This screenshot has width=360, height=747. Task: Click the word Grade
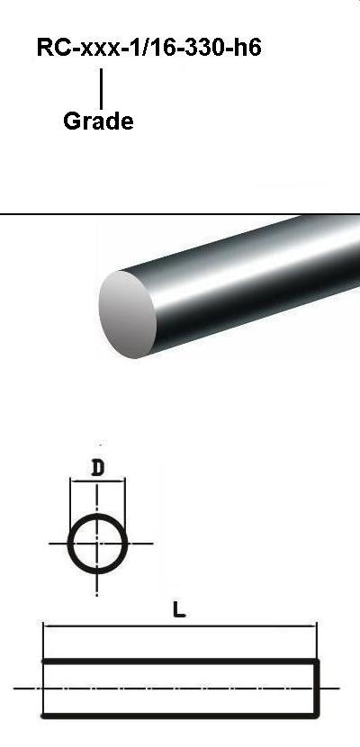tap(98, 121)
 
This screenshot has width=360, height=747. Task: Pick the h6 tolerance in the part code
tap(247, 47)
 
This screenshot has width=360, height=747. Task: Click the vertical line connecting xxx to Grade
tap(101, 88)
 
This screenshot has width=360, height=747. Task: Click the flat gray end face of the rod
tap(127, 314)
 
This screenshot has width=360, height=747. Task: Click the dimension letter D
tap(97, 469)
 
